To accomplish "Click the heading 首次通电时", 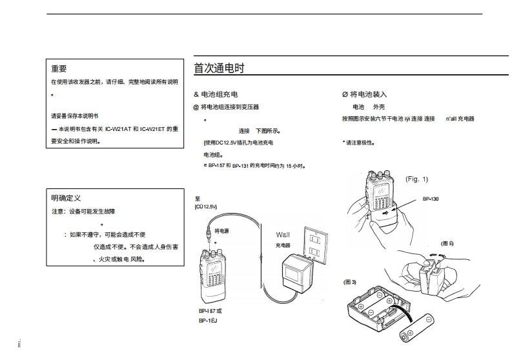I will (x=219, y=68).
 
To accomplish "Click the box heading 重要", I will (x=59, y=68).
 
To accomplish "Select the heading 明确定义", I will (x=66, y=197).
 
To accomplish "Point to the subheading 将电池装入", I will (x=369, y=94).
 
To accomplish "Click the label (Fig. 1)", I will (x=416, y=179).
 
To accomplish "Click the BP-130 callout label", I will (x=431, y=199).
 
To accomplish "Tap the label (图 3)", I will (x=350, y=282).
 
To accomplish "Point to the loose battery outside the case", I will (x=418, y=326).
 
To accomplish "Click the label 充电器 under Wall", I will (x=283, y=245).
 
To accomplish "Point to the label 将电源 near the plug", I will (x=221, y=230).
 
